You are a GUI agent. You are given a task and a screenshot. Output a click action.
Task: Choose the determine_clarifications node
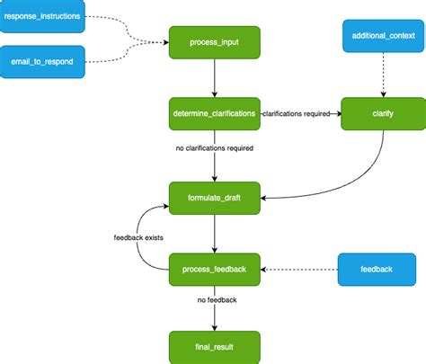tap(214, 114)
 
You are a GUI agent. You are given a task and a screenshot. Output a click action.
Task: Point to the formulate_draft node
tap(214, 196)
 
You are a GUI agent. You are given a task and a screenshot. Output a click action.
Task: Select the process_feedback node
tap(214, 267)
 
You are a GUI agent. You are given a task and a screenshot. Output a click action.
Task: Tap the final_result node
tap(214, 346)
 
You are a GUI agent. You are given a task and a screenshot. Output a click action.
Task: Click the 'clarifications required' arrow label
tap(296, 114)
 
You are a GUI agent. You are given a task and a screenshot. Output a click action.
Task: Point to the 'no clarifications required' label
tap(214, 147)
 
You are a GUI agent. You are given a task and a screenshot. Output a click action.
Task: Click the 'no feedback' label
tap(214, 300)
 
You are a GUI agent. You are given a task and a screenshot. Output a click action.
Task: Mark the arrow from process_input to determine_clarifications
tap(214, 79)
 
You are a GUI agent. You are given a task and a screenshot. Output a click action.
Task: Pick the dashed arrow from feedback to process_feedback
tap(298, 268)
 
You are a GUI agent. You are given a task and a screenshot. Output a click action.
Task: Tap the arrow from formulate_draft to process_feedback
tap(214, 231)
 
